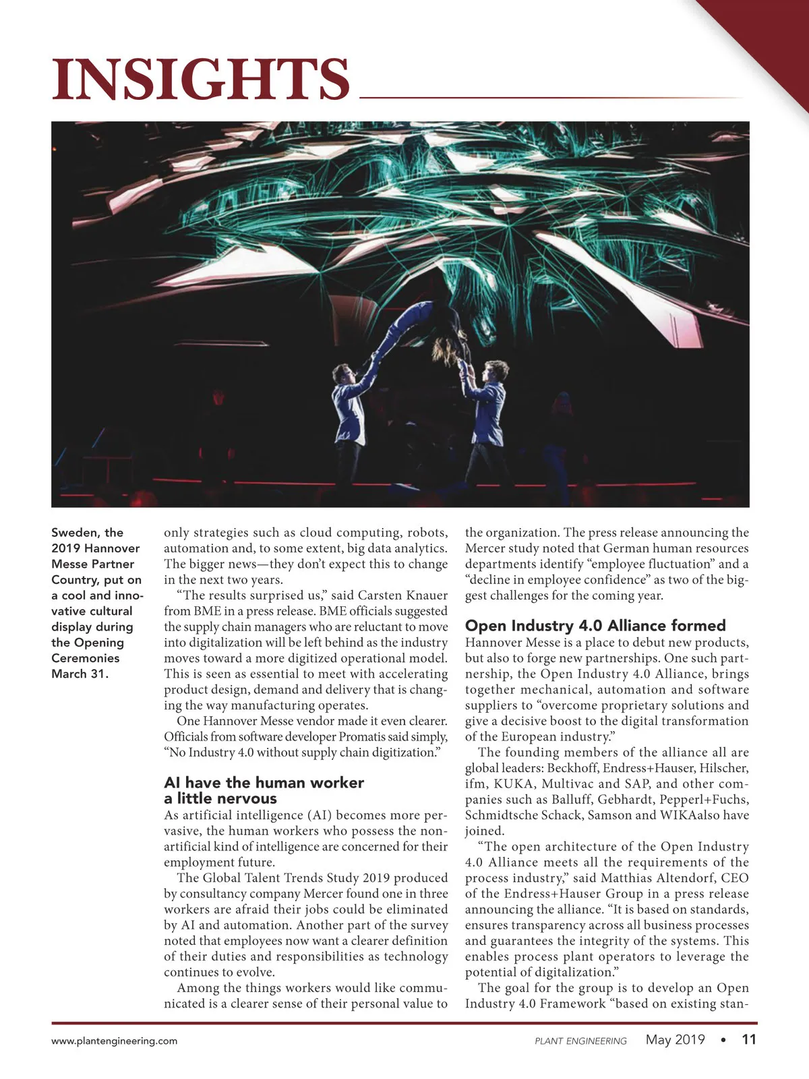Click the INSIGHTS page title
pyautogui.click(x=201, y=79)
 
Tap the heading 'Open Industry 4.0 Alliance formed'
pyautogui.click(x=595, y=625)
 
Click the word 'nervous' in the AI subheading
pyautogui.click(x=245, y=798)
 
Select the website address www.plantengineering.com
pyautogui.click(x=115, y=1041)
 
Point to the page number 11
pyautogui.click(x=749, y=1039)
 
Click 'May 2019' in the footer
pyautogui.click(x=675, y=1039)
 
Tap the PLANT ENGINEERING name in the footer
pyautogui.click(x=580, y=1041)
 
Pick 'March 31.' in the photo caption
pyautogui.click(x=80, y=674)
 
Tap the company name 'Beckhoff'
pyautogui.click(x=572, y=768)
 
